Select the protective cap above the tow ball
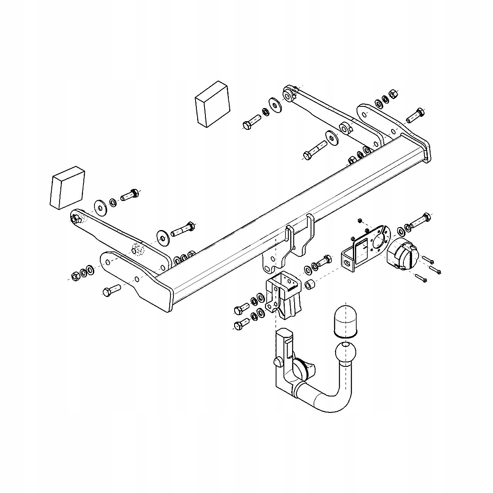click(346, 319)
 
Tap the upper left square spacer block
click(212, 104)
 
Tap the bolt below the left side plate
click(111, 290)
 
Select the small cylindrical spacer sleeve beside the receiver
click(311, 284)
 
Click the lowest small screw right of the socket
click(421, 278)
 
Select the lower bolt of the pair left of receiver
click(241, 323)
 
